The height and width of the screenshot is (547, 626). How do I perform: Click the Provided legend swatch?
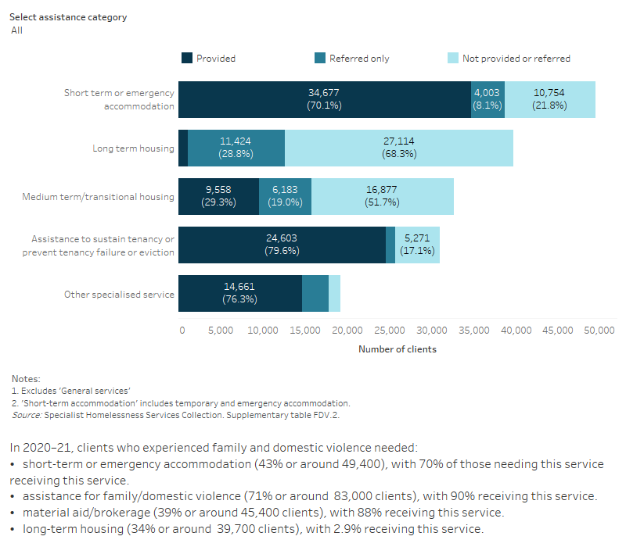[187, 58]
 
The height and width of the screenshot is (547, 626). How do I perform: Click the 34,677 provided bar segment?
[324, 99]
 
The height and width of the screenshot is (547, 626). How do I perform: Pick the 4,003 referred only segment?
[487, 99]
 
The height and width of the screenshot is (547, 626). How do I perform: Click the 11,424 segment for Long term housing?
[236, 148]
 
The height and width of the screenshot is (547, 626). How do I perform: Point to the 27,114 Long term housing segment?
[399, 148]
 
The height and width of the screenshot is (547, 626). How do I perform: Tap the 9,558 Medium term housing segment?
[218, 196]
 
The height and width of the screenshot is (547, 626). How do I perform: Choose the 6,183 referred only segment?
[285, 196]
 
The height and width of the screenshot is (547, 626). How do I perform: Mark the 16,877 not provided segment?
[383, 196]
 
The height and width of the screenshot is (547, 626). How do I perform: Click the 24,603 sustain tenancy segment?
[282, 245]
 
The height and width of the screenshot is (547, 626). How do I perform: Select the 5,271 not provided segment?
[417, 245]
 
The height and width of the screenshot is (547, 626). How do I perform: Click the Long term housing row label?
[134, 148]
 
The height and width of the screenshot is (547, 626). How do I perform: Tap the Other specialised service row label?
[119, 295]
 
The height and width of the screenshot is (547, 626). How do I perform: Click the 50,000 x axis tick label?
[600, 331]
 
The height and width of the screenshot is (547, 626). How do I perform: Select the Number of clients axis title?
[398, 349]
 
